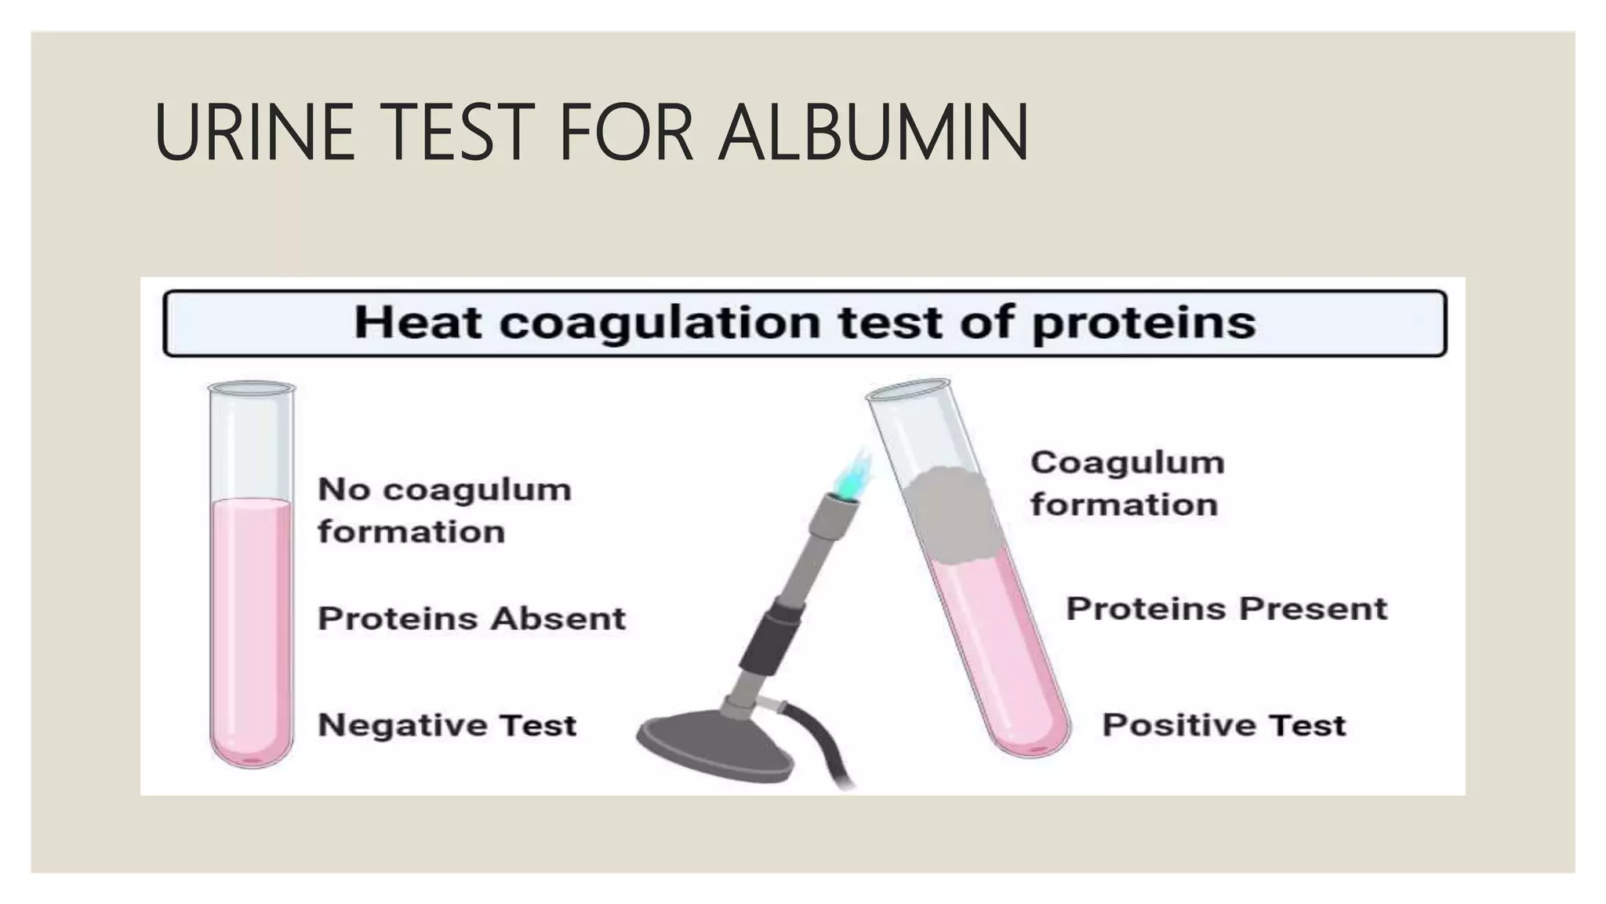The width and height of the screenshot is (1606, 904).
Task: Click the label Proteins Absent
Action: tap(471, 618)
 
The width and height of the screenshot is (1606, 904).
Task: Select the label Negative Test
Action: tap(447, 724)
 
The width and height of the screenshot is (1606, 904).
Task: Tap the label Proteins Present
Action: tap(1226, 609)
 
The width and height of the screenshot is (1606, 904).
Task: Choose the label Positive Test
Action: tap(1223, 724)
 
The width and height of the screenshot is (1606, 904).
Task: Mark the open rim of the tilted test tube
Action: tap(908, 389)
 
